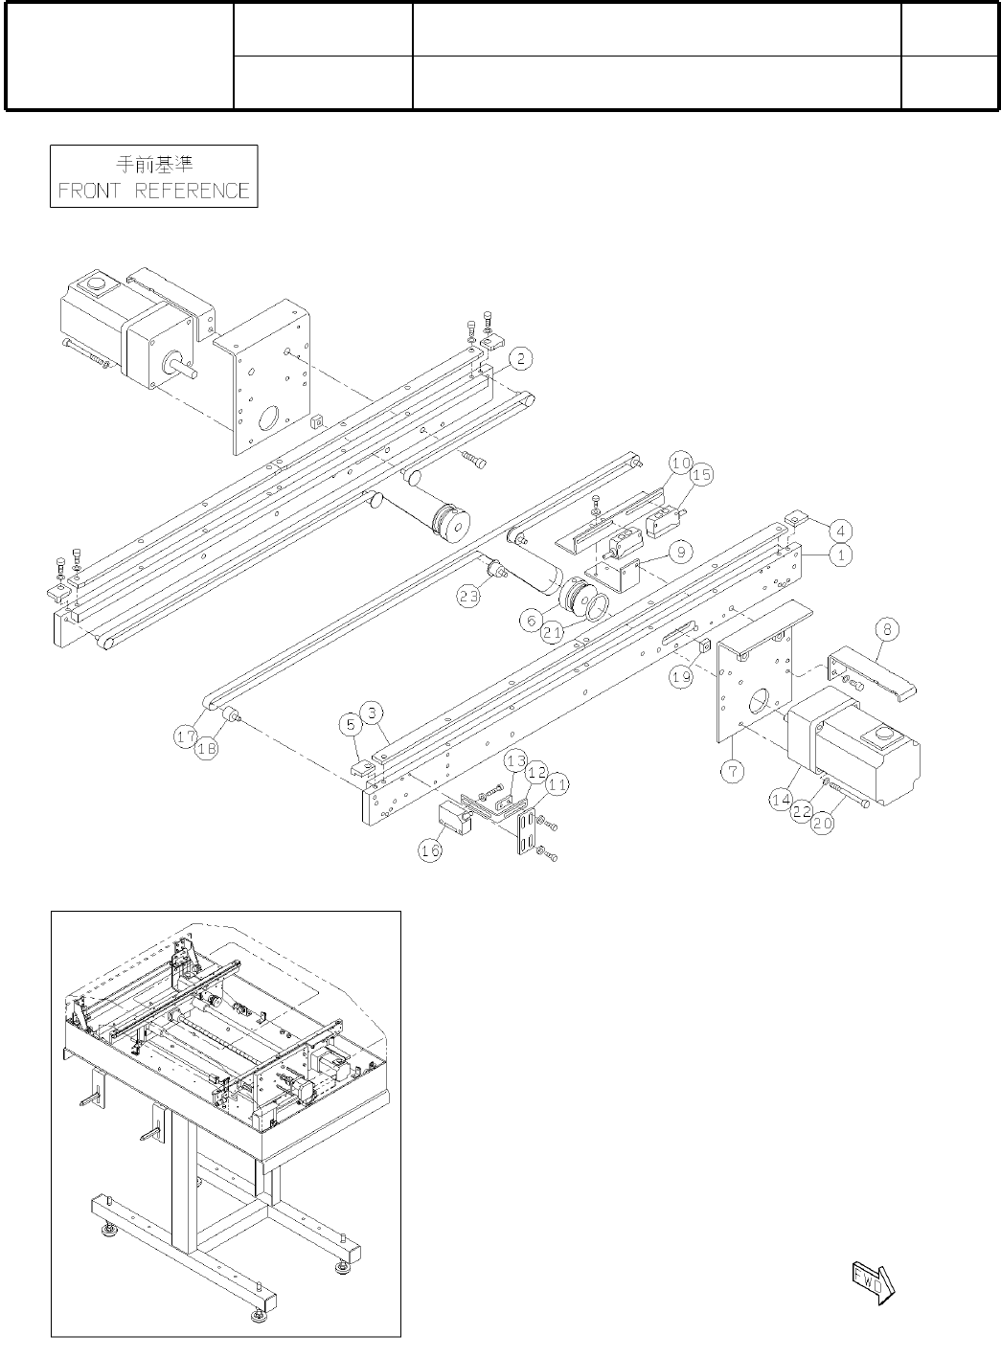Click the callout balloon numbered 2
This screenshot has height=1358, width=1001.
click(519, 359)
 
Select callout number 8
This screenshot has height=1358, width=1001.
click(887, 629)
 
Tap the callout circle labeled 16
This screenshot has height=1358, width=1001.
click(432, 850)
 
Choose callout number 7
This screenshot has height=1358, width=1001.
click(733, 773)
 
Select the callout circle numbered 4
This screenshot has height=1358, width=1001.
click(839, 530)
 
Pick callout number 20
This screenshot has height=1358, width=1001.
click(823, 822)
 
